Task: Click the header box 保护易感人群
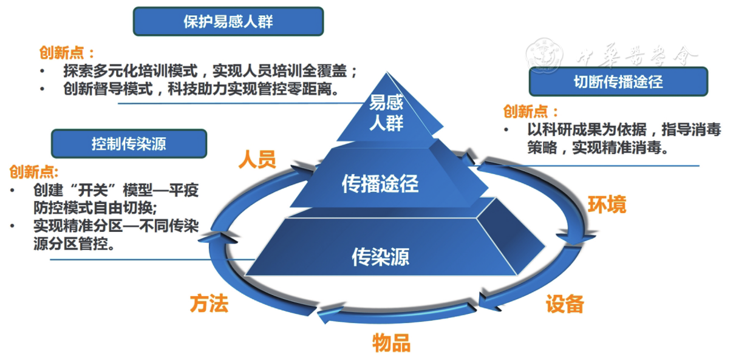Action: [228, 22]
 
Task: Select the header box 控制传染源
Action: [129, 144]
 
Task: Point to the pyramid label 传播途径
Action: [380, 183]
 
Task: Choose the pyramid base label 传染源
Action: [380, 257]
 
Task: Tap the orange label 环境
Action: [606, 205]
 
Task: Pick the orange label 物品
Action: [391, 343]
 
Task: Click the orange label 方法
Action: [209, 303]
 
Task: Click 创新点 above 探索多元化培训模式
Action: [67, 52]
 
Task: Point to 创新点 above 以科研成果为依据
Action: [530, 112]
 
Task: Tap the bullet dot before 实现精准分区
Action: [14, 226]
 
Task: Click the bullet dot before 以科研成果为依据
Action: [506, 130]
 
